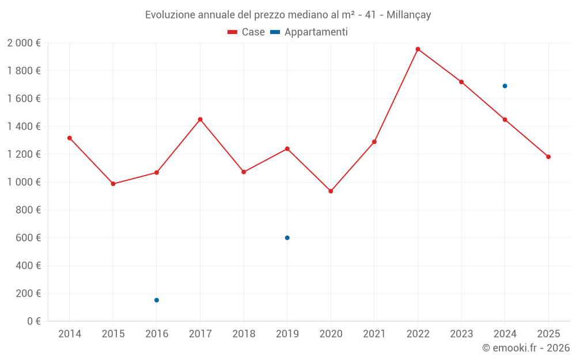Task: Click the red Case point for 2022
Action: (x=418, y=49)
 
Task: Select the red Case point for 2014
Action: (x=70, y=138)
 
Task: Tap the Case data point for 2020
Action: (x=331, y=191)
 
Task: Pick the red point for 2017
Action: (x=200, y=119)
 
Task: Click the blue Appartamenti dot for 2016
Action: (x=157, y=300)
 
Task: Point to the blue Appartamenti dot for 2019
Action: (x=287, y=238)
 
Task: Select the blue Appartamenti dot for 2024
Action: (x=505, y=86)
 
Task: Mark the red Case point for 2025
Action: (x=548, y=157)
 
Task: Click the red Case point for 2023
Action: (x=461, y=82)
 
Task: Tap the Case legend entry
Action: (x=247, y=32)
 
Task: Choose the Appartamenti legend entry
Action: (x=309, y=32)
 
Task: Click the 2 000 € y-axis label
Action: (x=24, y=43)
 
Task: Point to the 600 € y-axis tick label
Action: (x=28, y=238)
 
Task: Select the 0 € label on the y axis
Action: (x=34, y=321)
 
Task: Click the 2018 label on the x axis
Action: (x=244, y=334)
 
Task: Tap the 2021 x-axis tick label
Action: (x=374, y=334)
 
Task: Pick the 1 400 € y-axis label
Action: (x=24, y=127)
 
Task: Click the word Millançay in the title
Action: (x=406, y=15)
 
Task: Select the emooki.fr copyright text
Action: (x=526, y=348)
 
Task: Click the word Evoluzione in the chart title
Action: (x=170, y=15)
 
